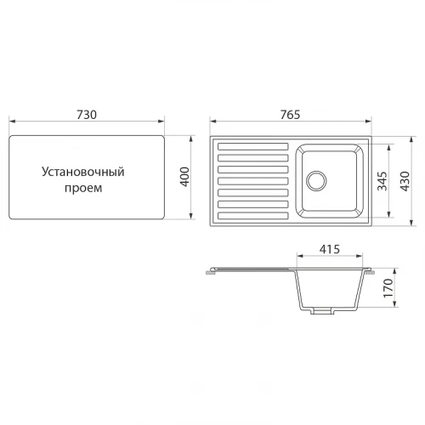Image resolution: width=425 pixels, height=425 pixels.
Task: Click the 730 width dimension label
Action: click(87, 115)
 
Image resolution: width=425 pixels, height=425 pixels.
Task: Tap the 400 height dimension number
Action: click(184, 177)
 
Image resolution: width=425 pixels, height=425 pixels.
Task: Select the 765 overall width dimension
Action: click(290, 115)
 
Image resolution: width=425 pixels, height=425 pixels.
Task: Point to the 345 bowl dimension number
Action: click(382, 181)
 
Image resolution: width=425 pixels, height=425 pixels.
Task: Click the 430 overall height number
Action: click(405, 181)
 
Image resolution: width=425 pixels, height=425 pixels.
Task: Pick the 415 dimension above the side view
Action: click(330, 249)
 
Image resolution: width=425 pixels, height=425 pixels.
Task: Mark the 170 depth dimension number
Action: click(388, 288)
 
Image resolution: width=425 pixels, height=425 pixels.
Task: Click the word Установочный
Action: click(83, 172)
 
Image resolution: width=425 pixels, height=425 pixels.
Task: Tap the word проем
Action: click(83, 188)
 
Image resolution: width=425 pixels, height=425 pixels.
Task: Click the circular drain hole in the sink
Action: click(316, 180)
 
